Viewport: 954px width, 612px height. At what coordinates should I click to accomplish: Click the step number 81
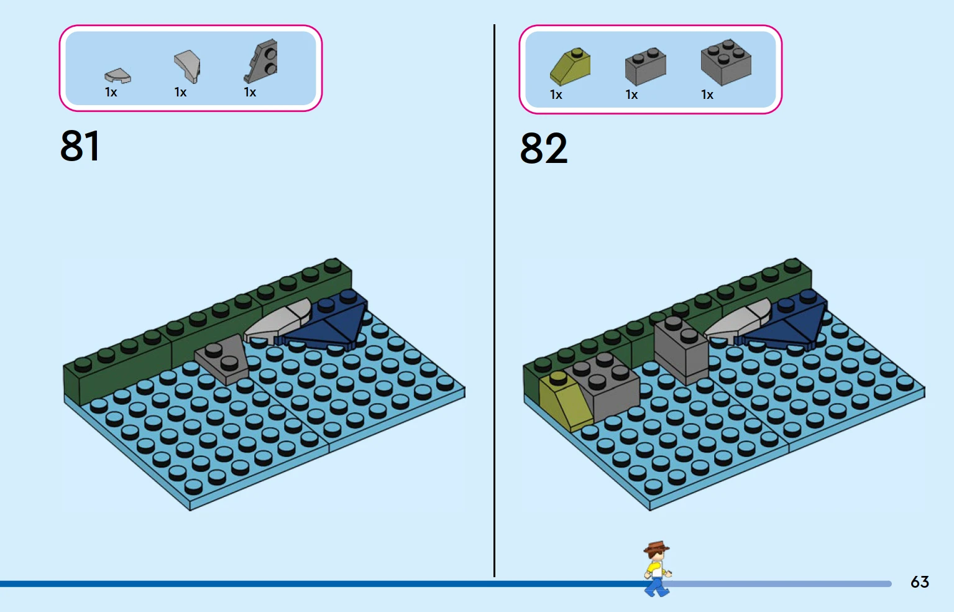(x=80, y=146)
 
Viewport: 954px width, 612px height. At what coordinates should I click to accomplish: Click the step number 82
(x=544, y=148)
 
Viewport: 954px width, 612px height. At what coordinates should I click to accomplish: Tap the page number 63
(x=919, y=582)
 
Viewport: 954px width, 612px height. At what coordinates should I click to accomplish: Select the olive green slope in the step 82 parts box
(x=570, y=67)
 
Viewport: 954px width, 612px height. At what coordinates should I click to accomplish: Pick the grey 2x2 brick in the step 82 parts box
(x=726, y=62)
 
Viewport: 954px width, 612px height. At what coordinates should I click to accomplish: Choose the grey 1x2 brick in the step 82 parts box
(x=645, y=67)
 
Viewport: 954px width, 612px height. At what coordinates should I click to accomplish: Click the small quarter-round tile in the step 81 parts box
(x=117, y=75)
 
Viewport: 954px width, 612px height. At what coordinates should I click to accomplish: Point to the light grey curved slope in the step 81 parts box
(x=188, y=66)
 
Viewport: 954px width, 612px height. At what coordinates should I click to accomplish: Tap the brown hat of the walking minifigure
(x=656, y=546)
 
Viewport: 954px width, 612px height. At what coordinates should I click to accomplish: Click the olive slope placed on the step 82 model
(x=565, y=400)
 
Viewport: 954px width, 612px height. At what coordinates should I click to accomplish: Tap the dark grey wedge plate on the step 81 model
(x=222, y=360)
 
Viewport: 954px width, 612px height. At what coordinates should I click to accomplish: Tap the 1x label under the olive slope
(x=556, y=95)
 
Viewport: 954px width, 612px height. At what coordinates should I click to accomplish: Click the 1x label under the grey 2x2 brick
(x=707, y=95)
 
